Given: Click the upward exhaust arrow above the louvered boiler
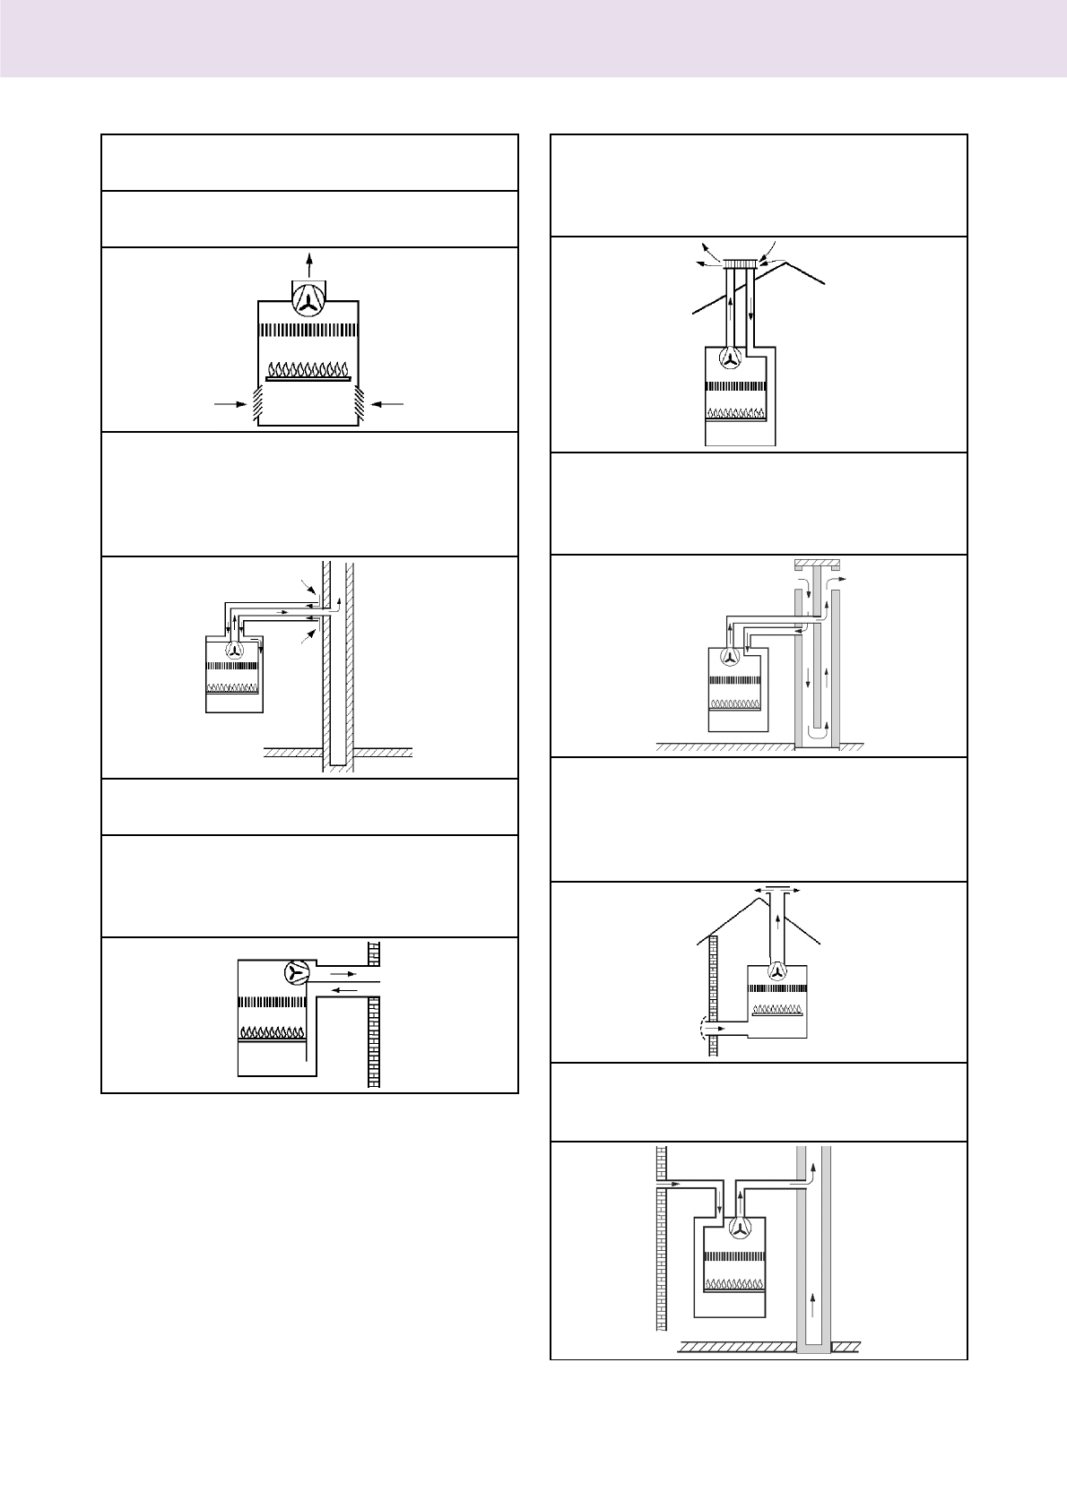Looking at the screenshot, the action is point(309,264).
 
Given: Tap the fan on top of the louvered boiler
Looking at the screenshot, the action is point(309,301).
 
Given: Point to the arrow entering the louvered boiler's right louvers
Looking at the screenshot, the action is point(387,404).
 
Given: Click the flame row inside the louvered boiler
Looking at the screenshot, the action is point(308,369).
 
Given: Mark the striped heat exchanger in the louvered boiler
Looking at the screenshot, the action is point(308,330).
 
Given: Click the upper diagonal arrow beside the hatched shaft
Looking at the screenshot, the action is point(310,588).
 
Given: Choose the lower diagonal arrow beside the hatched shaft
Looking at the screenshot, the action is point(308,634).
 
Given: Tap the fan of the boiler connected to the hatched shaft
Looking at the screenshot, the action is point(235,651).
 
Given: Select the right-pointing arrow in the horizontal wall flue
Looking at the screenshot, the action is point(343,971).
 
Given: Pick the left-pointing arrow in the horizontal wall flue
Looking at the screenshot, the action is point(345,989).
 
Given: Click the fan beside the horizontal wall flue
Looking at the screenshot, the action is point(296,972).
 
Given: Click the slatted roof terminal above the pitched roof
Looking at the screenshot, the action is point(742,263).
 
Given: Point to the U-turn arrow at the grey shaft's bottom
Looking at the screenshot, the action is point(817,733).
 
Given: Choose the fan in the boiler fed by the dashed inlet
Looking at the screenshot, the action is point(777,970).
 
